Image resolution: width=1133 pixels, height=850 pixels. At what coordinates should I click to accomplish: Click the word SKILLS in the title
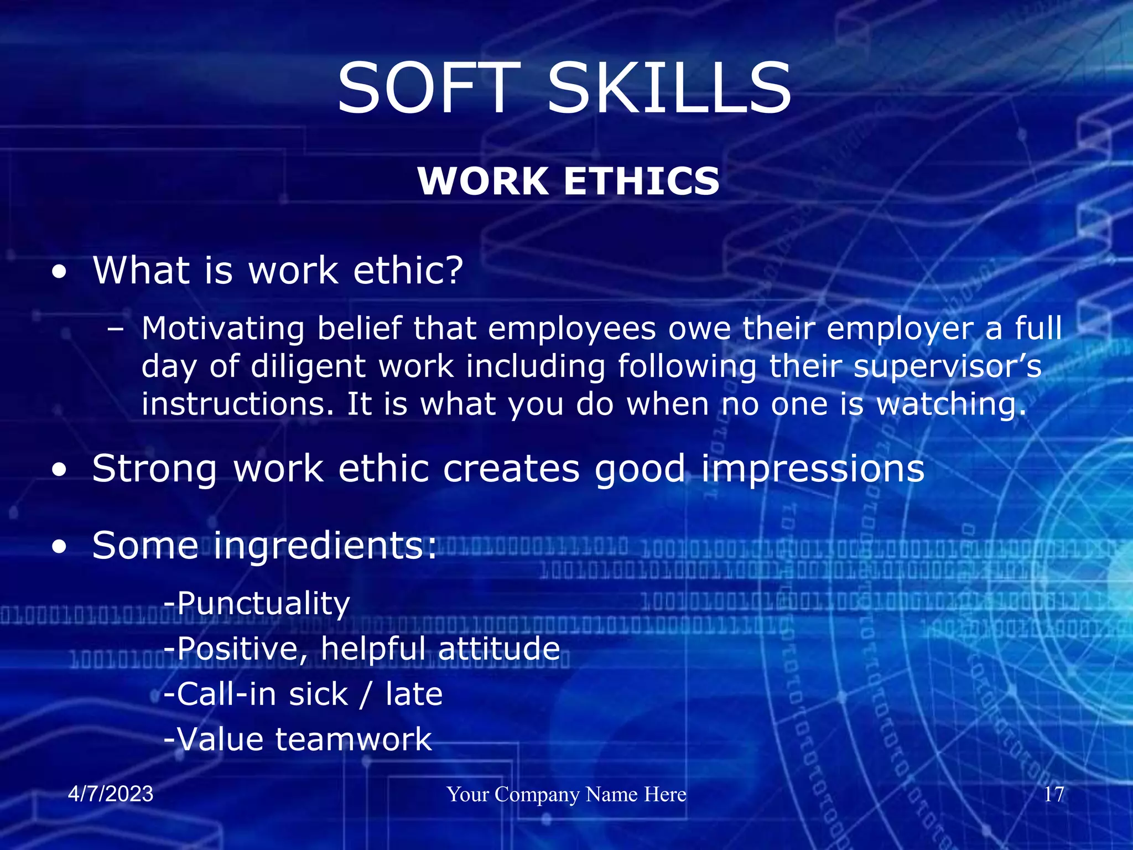(669, 89)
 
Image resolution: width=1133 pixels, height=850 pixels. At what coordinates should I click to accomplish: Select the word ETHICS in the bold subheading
(642, 182)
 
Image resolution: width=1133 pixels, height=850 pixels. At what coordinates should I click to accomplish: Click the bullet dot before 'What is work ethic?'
(59, 272)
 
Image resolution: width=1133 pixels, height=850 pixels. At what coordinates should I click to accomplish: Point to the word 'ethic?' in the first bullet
(408, 271)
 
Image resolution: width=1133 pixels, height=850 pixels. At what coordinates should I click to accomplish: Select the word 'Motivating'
(223, 329)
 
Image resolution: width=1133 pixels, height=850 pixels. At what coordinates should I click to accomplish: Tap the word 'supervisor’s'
(947, 367)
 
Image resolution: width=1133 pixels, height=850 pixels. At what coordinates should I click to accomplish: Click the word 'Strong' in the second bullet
(154, 469)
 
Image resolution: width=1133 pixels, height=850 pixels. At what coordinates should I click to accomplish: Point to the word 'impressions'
(813, 469)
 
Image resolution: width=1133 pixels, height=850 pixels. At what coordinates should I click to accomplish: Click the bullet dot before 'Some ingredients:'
(59, 547)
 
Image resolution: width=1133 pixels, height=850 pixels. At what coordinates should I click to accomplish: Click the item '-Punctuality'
(257, 603)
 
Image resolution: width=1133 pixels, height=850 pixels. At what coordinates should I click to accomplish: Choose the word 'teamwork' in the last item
(353, 739)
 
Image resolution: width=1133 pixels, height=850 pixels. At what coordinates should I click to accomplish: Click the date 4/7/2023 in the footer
(111, 794)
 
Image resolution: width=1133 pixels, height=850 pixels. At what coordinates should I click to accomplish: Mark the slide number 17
(1053, 794)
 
